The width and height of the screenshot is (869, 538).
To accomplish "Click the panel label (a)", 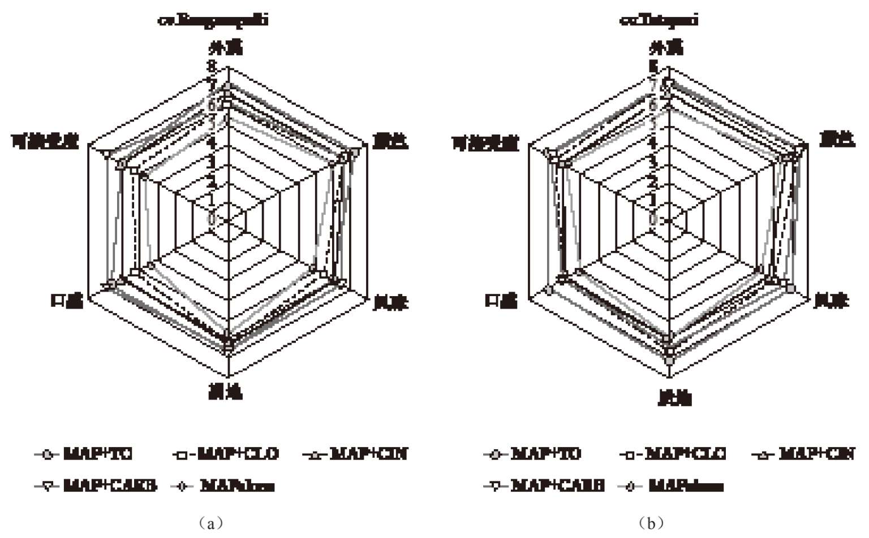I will pos(211,523).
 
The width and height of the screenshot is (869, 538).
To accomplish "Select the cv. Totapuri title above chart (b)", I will pos(659,20).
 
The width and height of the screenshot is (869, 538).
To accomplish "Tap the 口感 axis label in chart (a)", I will pos(67,301).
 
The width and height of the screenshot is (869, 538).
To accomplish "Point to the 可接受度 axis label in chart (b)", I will pos(485,144).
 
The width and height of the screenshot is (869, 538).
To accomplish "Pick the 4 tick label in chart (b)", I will pos(653,142).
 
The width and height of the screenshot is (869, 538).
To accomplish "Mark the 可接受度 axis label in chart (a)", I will pos(45,142).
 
